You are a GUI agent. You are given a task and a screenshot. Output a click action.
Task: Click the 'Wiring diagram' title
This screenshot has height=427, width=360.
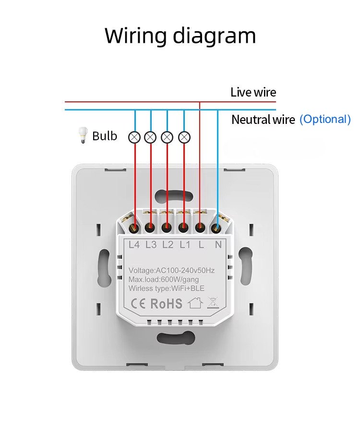[x=180, y=36]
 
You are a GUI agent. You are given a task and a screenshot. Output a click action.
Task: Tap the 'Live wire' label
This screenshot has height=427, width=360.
[x=253, y=92]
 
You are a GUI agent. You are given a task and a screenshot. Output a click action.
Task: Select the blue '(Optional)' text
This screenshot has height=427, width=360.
[x=325, y=119]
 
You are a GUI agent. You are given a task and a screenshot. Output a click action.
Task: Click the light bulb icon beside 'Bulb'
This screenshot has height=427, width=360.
[x=83, y=136]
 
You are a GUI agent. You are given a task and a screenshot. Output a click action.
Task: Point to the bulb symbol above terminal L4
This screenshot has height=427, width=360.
[x=135, y=137]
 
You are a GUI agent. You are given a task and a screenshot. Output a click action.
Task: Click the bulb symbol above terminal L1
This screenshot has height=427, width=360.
[x=184, y=137]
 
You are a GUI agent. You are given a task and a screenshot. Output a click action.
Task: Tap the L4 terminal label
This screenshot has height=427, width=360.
[x=134, y=244]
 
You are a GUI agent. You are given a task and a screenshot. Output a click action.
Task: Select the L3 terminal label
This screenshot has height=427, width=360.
[x=151, y=244]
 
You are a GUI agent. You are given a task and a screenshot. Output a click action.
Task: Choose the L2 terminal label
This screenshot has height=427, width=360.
[x=168, y=244]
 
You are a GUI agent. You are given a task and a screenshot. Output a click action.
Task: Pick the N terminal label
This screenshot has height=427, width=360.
[x=218, y=244]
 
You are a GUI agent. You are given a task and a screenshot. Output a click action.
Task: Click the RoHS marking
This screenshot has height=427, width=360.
[x=167, y=303]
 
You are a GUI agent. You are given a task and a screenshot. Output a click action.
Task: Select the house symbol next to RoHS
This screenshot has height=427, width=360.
[x=194, y=303]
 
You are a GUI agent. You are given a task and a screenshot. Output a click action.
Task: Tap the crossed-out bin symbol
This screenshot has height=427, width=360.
[x=213, y=303]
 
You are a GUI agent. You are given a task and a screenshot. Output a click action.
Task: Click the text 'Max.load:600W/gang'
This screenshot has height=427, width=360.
[x=164, y=279]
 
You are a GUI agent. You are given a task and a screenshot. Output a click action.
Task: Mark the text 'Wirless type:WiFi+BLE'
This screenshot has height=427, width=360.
[x=166, y=288]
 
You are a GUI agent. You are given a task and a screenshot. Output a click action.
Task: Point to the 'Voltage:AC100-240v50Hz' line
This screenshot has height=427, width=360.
[x=171, y=270]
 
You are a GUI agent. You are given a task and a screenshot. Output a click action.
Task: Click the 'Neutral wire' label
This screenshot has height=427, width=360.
[x=263, y=120]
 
